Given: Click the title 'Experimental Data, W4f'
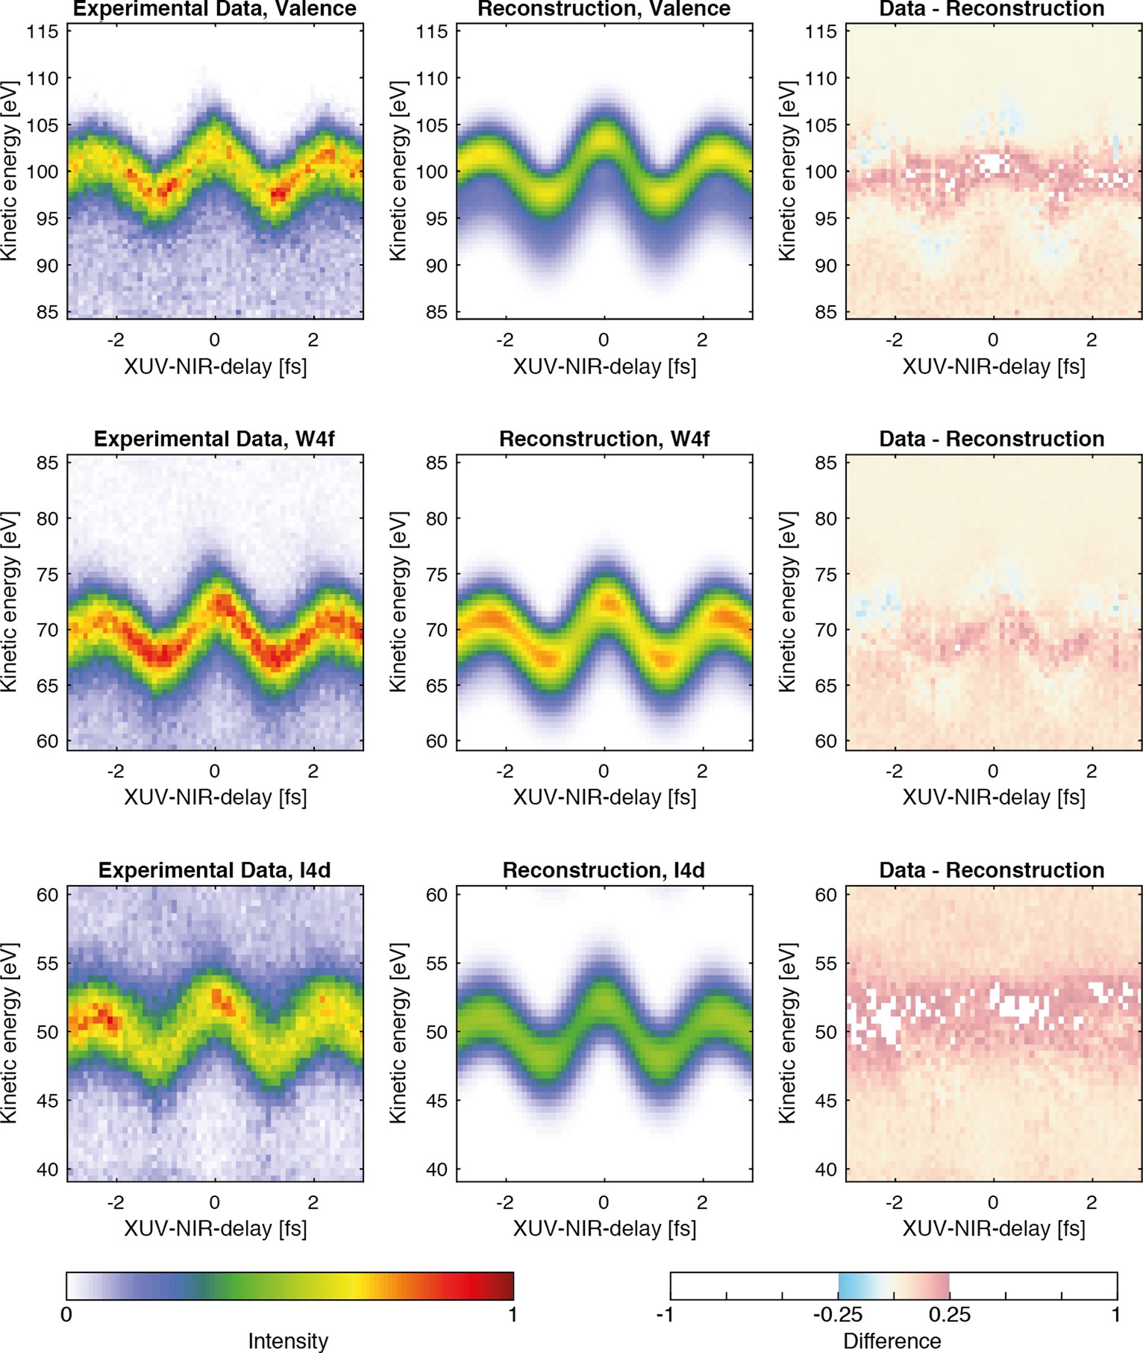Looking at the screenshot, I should pos(214,439).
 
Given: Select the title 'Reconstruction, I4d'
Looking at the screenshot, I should pos(604,870).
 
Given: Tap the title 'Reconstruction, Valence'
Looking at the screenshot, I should pos(604,9).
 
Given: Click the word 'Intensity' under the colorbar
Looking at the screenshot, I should pos(288,1341).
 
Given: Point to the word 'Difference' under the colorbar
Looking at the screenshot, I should pos(892,1341).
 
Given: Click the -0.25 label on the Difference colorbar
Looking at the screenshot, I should pos(837,1314).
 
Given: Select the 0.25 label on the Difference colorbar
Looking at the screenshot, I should pos(950,1314).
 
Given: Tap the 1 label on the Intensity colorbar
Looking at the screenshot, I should pos(513,1314).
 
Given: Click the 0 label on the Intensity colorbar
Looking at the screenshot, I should pos(66,1314).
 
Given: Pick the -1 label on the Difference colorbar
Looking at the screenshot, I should pos(666,1314).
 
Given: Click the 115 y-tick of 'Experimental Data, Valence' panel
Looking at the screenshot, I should pos(43,31).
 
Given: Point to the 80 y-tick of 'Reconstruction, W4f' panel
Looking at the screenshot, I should pos(437,519).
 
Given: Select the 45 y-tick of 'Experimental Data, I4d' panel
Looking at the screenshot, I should pos(48,1101).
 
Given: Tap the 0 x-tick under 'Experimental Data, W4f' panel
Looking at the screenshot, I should pos(215,771).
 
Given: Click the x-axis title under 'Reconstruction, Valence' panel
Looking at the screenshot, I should pos(604,366).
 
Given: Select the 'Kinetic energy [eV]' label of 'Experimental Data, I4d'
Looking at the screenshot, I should pos(10,1033).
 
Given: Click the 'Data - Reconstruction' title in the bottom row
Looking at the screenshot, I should pos(992,870).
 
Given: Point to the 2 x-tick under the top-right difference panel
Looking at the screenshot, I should pos(1092,340).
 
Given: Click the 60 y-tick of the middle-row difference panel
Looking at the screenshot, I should pos(826,741).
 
